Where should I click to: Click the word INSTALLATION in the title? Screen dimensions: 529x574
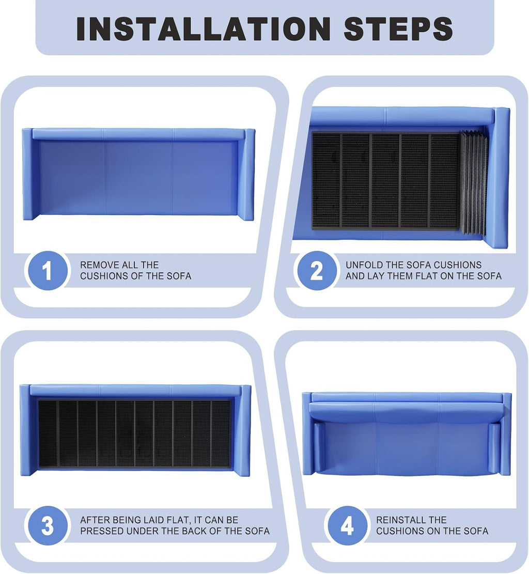pyautogui.click(x=203, y=28)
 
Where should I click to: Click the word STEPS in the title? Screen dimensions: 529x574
pyautogui.click(x=398, y=28)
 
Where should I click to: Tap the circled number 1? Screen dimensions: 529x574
pyautogui.click(x=48, y=271)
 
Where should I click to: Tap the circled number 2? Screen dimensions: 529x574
pyautogui.click(x=316, y=271)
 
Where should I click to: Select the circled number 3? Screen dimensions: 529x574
pyautogui.click(x=48, y=525)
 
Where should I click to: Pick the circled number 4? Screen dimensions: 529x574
pyautogui.click(x=347, y=525)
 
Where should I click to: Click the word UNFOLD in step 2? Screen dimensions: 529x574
pyautogui.click(x=363, y=265)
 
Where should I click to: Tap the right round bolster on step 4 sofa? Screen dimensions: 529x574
pyautogui.click(x=495, y=448)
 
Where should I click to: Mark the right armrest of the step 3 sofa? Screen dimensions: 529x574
pyautogui.click(x=242, y=431)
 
